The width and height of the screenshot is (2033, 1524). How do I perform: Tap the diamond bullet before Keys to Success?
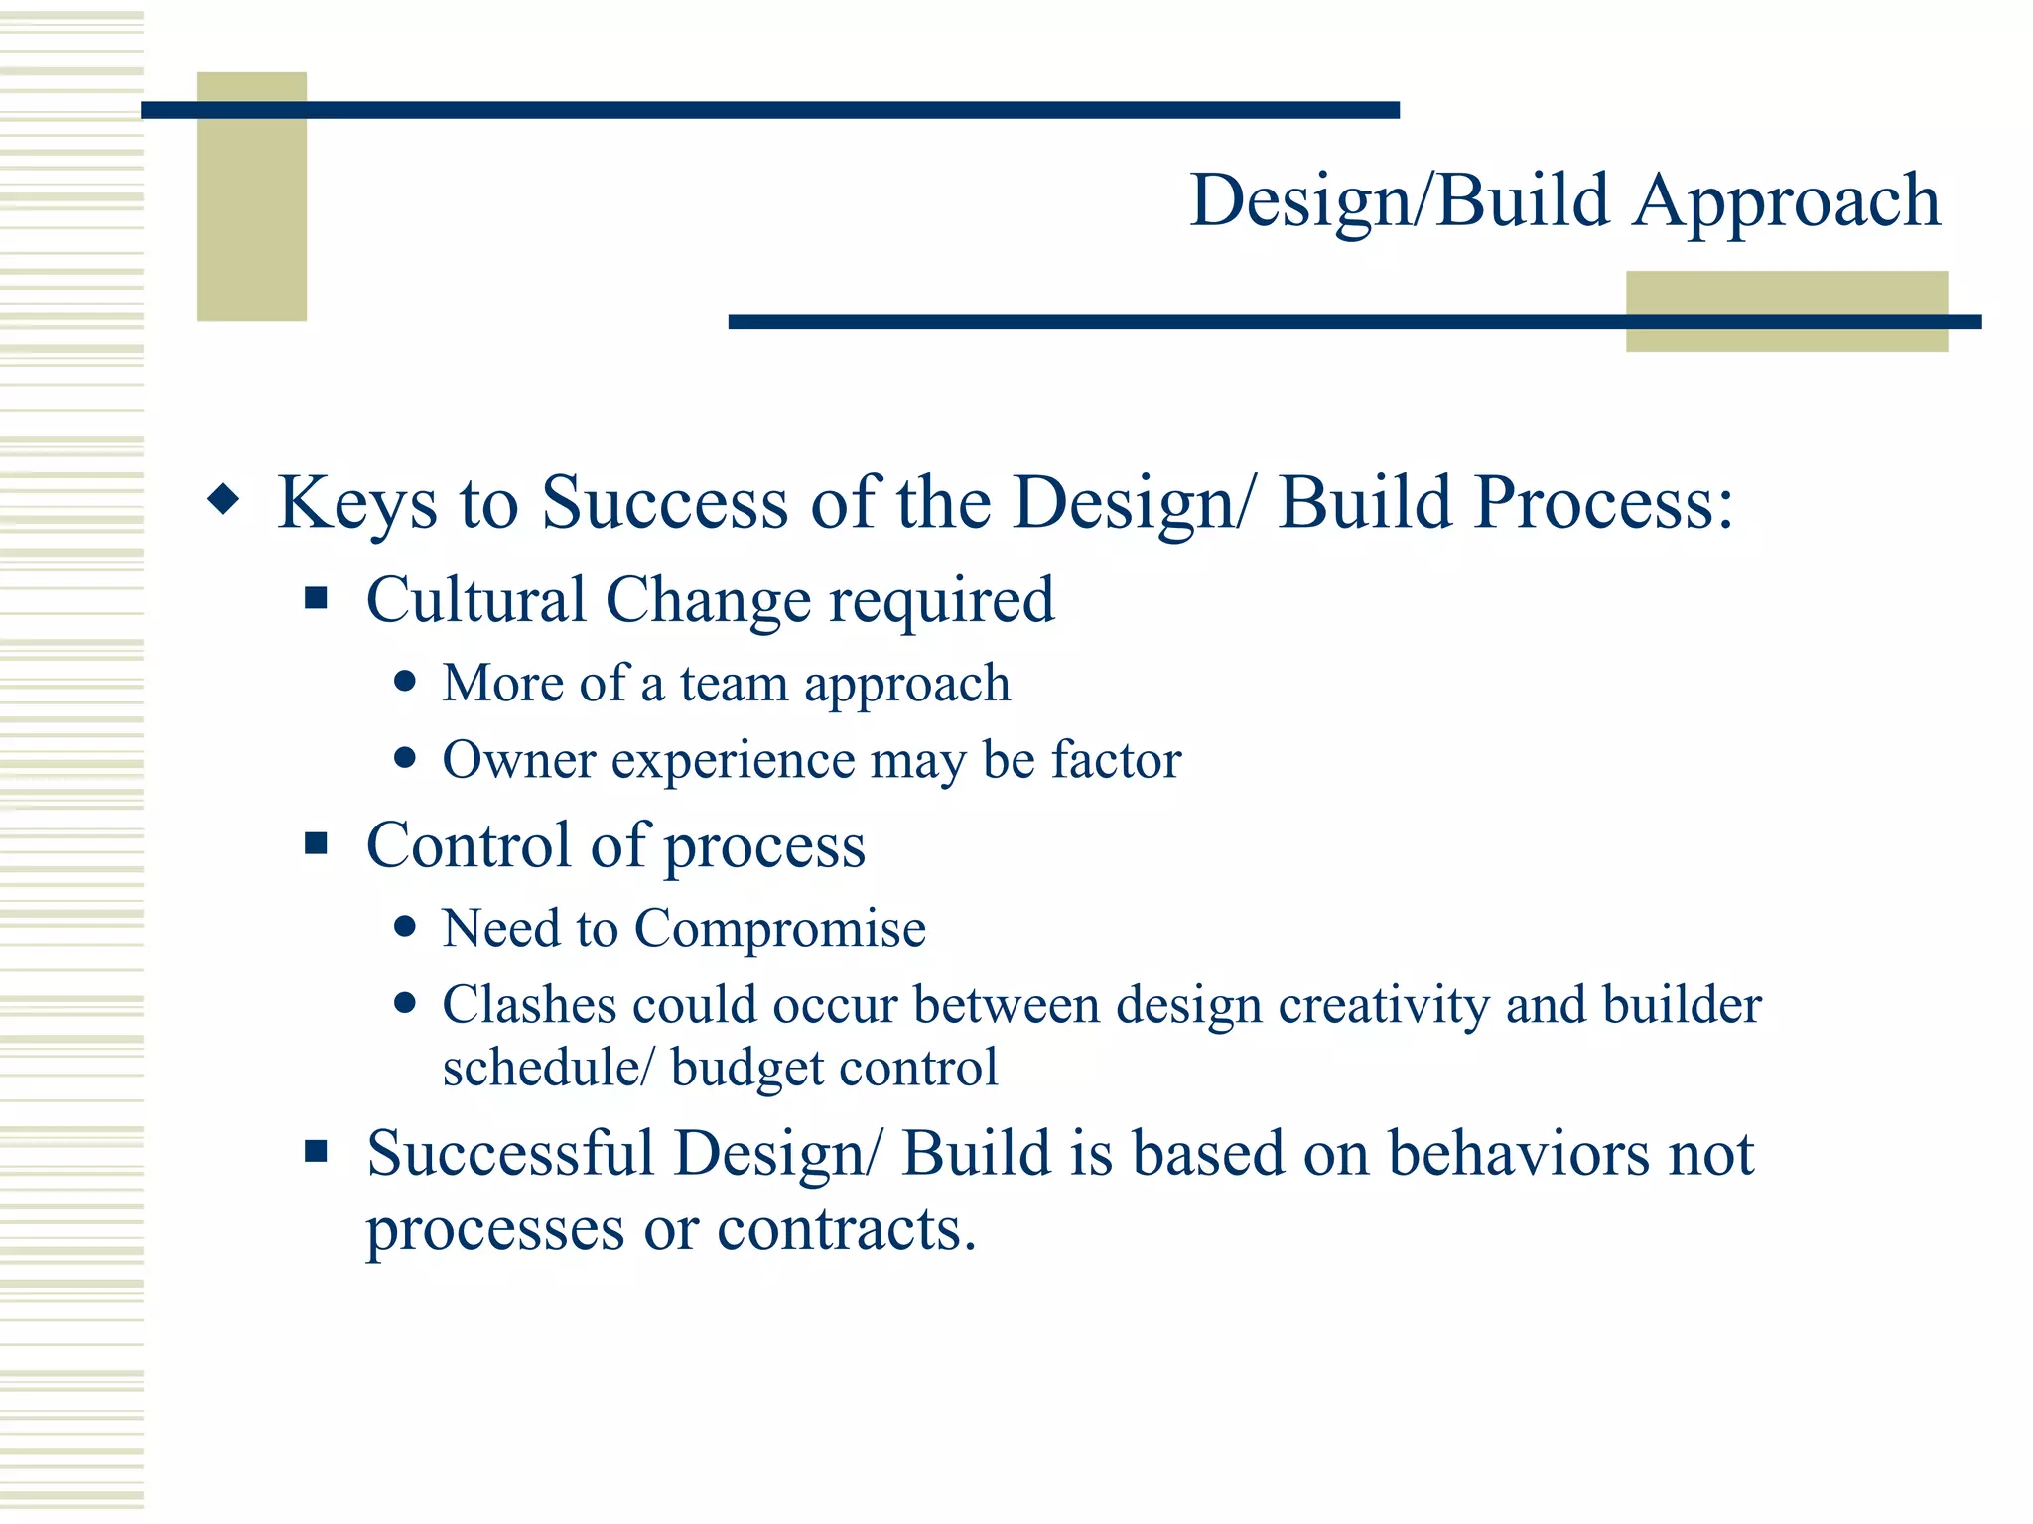[224, 499]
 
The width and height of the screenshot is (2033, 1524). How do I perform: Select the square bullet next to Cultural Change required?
[316, 597]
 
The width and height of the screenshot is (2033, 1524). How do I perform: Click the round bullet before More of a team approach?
[404, 682]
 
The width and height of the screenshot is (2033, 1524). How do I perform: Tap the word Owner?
[519, 760]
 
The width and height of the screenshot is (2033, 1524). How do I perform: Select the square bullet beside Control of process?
[316, 843]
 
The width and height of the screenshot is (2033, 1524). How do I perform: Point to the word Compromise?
[779, 929]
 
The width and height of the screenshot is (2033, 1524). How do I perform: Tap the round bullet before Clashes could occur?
[404, 1003]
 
